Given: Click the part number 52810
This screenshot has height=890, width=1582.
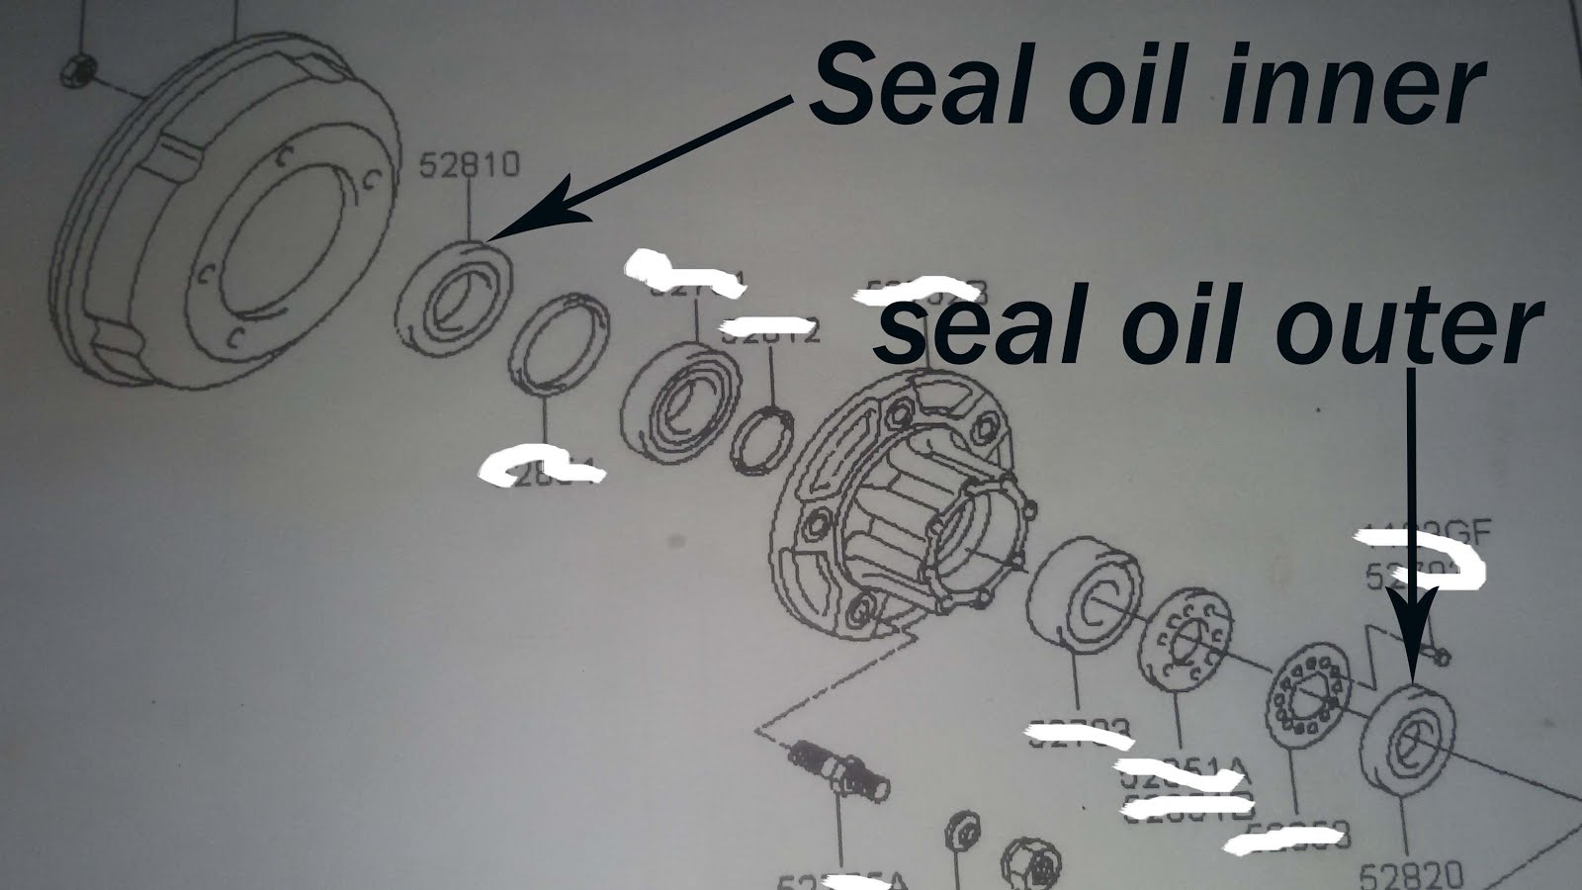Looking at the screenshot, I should [468, 164].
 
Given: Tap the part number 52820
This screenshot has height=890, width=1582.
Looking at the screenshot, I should [1409, 873].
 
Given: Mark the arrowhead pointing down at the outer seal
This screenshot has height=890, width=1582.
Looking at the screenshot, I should [1411, 648].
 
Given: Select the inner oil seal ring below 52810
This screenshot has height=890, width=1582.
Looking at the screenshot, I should [454, 295].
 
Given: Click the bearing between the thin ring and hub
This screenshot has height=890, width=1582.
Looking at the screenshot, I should [682, 398].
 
